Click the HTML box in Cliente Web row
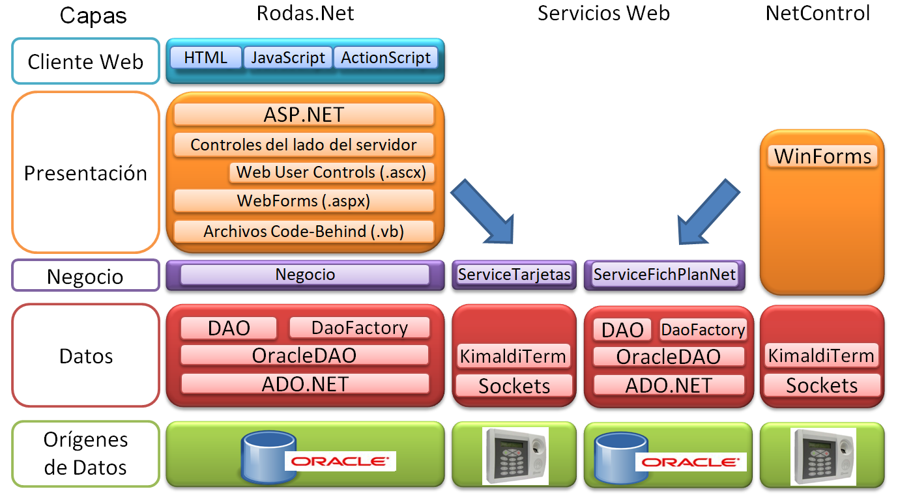pos(205,58)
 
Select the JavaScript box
pos(288,58)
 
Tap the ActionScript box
pos(386,58)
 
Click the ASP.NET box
pos(304,115)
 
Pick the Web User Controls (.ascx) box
pos(331,173)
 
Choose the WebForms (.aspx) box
pos(304,201)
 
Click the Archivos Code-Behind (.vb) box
pos(304,231)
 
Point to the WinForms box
pos(822,156)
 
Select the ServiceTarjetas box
pos(514,274)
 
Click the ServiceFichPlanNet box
pos(665,274)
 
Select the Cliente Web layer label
pos(85,62)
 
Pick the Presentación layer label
pos(85,173)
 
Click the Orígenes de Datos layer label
pos(85,454)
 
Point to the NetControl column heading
pos(818,13)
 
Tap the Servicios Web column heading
pos(603,13)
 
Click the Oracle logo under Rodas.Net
pos(340,462)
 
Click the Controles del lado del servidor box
pos(304,145)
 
